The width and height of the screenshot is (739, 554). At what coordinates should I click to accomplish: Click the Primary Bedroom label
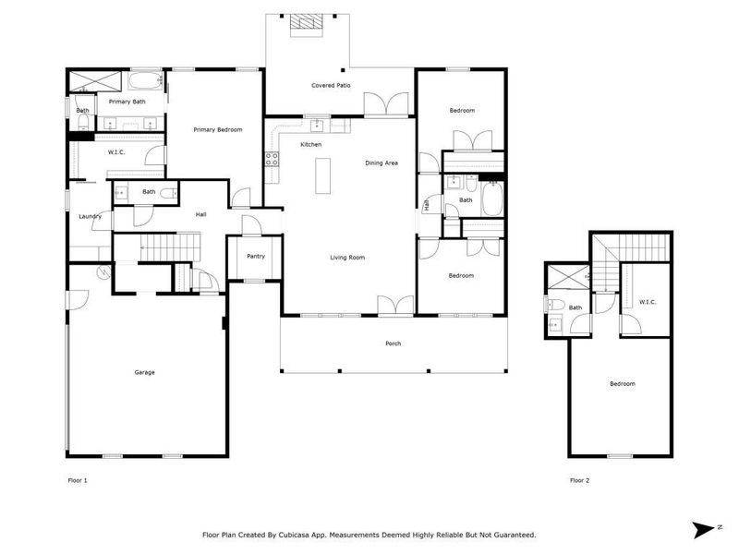pyautogui.click(x=217, y=130)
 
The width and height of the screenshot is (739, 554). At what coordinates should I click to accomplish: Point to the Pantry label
pyautogui.click(x=256, y=257)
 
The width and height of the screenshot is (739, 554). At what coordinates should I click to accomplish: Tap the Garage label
pyautogui.click(x=144, y=372)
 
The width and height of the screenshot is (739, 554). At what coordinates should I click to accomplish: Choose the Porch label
pyautogui.click(x=394, y=343)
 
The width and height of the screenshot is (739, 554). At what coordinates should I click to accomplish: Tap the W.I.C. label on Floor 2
pyautogui.click(x=647, y=301)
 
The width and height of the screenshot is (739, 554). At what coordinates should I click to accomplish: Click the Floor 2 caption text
pyautogui.click(x=579, y=480)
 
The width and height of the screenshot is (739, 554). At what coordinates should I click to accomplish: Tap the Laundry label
pyautogui.click(x=90, y=216)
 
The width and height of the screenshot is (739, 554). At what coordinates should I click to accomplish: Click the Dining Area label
pyautogui.click(x=381, y=163)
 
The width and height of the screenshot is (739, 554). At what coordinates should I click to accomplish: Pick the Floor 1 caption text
pyautogui.click(x=78, y=480)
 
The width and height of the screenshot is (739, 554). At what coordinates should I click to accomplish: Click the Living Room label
pyautogui.click(x=348, y=258)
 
